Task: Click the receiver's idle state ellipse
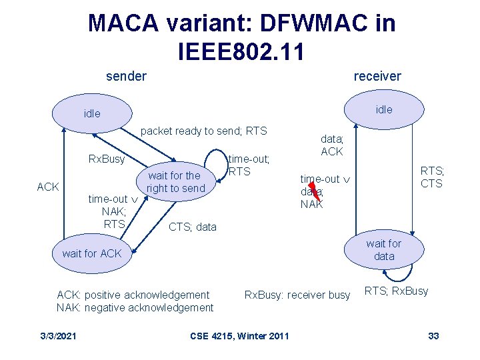tap(384, 109)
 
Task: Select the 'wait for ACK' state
tap(91, 253)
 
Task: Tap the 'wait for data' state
tap(384, 250)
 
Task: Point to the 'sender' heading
tap(126, 76)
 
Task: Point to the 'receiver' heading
tap(377, 76)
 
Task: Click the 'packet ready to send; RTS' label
tap(204, 131)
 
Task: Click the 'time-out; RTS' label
tap(249, 165)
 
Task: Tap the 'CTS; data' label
tap(193, 227)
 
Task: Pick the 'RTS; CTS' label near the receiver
tap(432, 177)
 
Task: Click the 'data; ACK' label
tap(332, 146)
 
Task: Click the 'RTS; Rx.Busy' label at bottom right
tap(396, 291)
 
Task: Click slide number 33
tap(433, 335)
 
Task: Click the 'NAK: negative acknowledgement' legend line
tap(135, 307)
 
